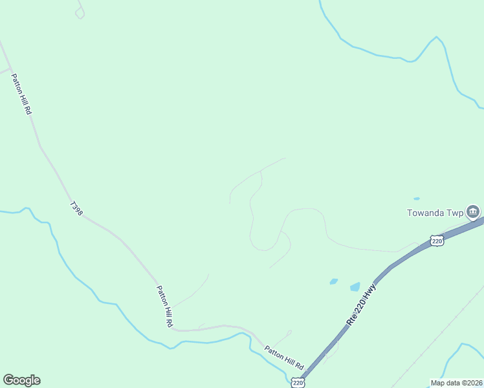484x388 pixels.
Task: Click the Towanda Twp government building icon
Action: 473,211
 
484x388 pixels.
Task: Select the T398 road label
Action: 76,208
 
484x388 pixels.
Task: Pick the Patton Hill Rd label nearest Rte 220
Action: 284,358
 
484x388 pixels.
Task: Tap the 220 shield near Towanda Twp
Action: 437,241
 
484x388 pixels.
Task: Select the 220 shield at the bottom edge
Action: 297,383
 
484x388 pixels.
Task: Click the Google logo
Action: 21,380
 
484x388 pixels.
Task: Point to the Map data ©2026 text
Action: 456,383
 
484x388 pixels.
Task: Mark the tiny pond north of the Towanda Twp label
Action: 416,199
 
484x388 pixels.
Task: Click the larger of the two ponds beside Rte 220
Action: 355,286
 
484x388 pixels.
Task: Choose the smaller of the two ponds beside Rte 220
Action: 333,281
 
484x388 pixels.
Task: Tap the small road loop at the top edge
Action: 80,13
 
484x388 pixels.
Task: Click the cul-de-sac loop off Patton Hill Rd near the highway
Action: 289,333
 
